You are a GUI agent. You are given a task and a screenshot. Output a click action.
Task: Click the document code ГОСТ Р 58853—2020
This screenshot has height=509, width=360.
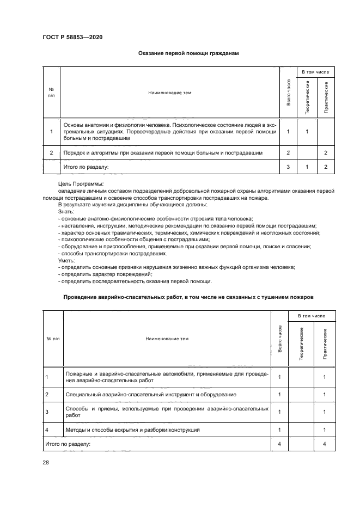(x=72, y=37)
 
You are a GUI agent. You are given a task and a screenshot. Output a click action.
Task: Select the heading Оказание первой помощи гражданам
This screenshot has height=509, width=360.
(x=188, y=53)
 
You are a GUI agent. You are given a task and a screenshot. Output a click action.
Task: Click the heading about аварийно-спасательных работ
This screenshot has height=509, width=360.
(x=188, y=297)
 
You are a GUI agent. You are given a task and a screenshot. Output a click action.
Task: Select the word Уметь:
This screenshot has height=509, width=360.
(x=66, y=261)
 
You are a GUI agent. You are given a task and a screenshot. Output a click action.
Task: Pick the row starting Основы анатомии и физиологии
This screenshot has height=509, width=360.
(x=170, y=132)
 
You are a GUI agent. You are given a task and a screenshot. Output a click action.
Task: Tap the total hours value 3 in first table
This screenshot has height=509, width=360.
(x=288, y=167)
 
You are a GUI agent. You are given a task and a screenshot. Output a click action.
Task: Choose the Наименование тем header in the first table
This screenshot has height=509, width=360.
(x=170, y=93)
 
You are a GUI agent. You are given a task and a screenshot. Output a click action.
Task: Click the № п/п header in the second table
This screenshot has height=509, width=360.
(x=53, y=339)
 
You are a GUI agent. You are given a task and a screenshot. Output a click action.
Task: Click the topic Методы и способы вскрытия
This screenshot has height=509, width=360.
(x=132, y=430)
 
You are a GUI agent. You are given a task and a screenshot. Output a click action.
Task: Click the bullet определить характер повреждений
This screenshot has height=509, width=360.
(x=106, y=274)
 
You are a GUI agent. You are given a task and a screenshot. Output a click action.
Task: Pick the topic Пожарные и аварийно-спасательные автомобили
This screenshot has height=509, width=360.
(x=166, y=377)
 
